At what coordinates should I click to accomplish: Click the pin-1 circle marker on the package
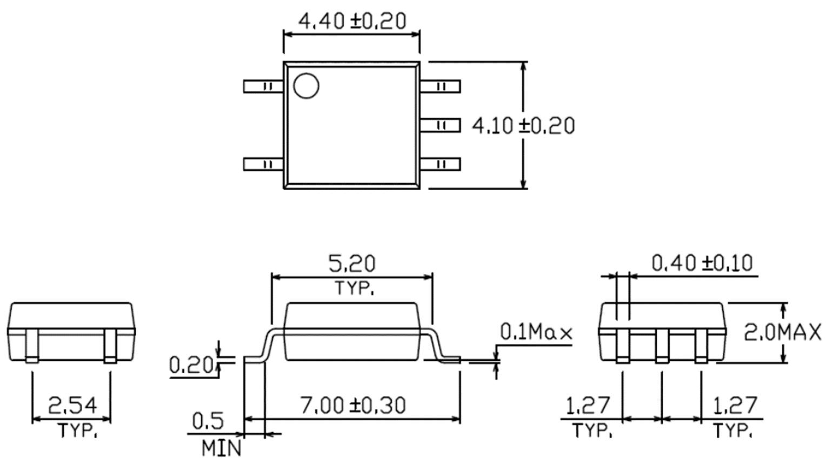point(306,86)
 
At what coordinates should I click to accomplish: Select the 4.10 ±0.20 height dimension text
point(523,126)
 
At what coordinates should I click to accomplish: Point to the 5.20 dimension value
point(352,264)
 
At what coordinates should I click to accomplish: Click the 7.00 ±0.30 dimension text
point(353,405)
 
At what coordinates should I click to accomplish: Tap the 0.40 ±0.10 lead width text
point(702,263)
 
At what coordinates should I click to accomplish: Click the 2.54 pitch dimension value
point(72,405)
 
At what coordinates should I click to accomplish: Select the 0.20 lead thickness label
point(191,365)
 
